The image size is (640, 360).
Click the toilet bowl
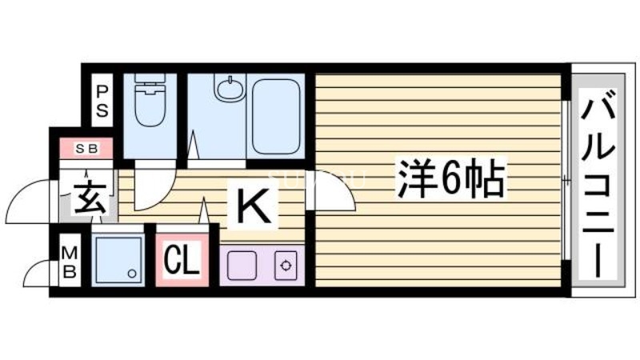click(150, 110)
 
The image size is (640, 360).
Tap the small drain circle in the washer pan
click(133, 274)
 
